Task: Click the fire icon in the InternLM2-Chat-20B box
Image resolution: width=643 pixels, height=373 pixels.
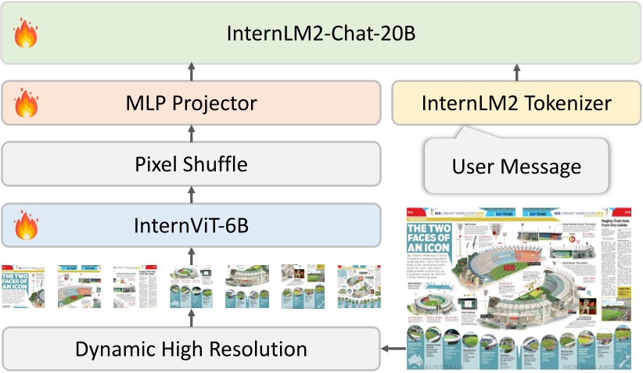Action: tap(26, 34)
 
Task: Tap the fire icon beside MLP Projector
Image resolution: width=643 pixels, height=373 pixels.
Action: tap(26, 102)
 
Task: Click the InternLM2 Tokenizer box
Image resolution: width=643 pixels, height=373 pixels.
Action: tap(516, 102)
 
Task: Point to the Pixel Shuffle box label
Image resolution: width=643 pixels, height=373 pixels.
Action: tap(192, 164)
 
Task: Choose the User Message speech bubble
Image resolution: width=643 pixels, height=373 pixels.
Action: tap(516, 166)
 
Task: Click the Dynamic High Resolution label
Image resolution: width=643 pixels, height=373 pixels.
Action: tap(192, 348)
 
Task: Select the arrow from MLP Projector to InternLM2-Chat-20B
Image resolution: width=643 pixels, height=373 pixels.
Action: tap(192, 73)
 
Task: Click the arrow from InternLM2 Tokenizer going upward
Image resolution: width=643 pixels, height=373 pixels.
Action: tap(516, 73)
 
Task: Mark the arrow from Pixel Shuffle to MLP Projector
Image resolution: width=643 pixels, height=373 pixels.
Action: tap(192, 134)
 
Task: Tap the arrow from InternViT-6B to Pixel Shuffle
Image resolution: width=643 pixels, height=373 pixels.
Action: tap(192, 195)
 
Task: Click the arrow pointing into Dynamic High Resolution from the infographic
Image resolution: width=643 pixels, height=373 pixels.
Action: tap(391, 348)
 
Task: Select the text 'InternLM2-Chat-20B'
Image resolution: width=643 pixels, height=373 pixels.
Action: tap(321, 34)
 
